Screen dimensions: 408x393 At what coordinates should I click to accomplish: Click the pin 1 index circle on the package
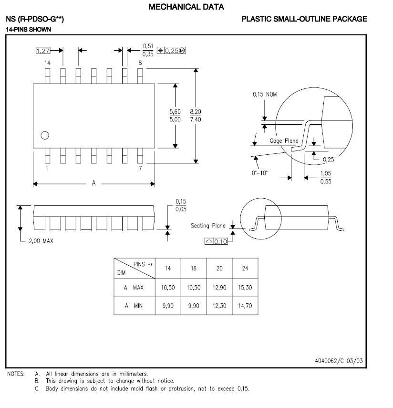[x=45, y=135]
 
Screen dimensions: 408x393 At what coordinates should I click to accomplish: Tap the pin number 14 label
[x=47, y=63]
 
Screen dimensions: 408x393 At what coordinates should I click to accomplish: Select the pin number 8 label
[x=140, y=63]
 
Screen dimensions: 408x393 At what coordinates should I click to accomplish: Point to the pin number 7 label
[x=140, y=169]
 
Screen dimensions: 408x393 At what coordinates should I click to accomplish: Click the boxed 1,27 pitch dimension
[x=43, y=50]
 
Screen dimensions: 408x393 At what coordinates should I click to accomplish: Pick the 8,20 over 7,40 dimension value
[x=196, y=115]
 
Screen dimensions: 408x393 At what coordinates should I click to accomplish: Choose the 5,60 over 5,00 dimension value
[x=175, y=115]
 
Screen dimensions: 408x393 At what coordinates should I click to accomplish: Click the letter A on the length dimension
[x=93, y=183]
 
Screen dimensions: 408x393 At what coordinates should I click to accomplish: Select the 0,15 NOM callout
[x=264, y=94]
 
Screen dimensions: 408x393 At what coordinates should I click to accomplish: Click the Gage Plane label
[x=284, y=140]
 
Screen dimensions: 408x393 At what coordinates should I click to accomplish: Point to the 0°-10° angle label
[x=260, y=172]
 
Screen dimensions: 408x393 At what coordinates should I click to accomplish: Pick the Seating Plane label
[x=208, y=225]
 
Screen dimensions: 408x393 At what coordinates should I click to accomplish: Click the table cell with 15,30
[x=245, y=288]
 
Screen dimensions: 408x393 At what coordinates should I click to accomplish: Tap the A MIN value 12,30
[x=219, y=306]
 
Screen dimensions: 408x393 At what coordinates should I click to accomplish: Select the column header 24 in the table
[x=245, y=268]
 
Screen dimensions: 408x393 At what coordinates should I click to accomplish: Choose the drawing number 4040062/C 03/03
[x=339, y=361]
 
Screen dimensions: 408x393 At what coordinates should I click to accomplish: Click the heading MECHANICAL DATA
[x=186, y=7]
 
